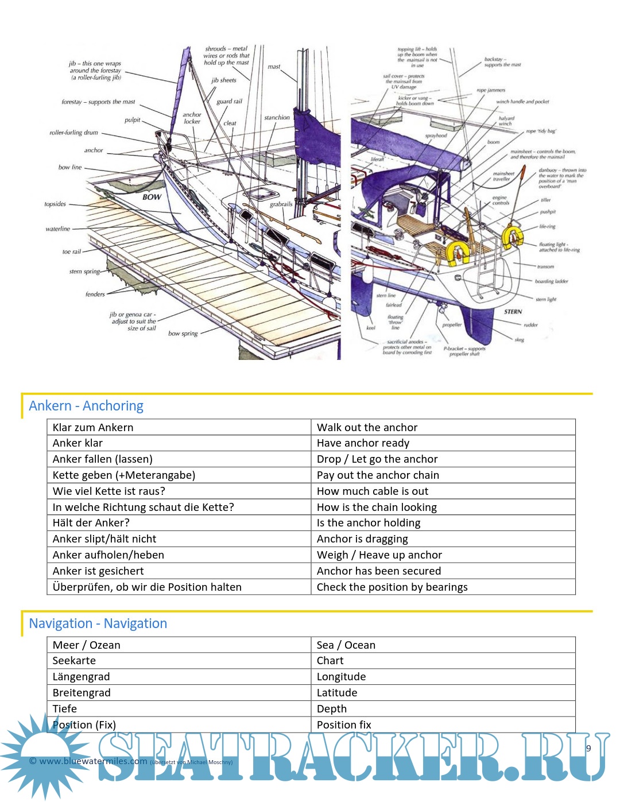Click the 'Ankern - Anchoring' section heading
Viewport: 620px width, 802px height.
(x=86, y=406)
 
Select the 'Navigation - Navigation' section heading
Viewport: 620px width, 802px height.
(x=98, y=623)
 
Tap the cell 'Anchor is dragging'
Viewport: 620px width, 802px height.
(x=362, y=539)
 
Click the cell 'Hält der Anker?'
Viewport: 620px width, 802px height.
(x=91, y=523)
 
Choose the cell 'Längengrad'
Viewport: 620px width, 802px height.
(x=81, y=677)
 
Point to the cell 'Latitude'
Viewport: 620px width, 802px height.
(x=337, y=693)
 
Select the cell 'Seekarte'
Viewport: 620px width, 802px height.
(x=74, y=661)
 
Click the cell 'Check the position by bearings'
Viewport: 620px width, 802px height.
(x=392, y=587)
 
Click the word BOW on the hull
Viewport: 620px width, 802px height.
(x=152, y=197)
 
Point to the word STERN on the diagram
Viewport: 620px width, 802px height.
(x=513, y=312)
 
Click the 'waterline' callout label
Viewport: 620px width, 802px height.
(x=58, y=229)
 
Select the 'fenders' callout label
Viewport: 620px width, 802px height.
(x=95, y=295)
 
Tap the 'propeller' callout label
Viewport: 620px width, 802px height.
(x=452, y=325)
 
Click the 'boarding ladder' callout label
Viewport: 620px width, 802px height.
(x=551, y=281)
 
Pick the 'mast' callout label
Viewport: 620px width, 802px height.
(x=274, y=67)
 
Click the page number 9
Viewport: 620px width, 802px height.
(x=588, y=749)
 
